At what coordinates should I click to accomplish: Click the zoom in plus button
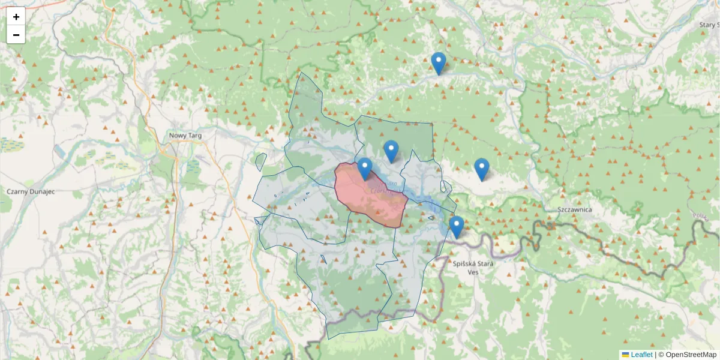[16, 17]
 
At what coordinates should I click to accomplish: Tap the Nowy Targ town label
[185, 136]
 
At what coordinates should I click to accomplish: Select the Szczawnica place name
[574, 209]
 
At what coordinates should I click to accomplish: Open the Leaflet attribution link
[641, 355]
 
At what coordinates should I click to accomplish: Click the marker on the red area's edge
[364, 169]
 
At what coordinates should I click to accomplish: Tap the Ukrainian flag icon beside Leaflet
[625, 355]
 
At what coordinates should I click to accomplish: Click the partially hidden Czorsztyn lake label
[384, 188]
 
